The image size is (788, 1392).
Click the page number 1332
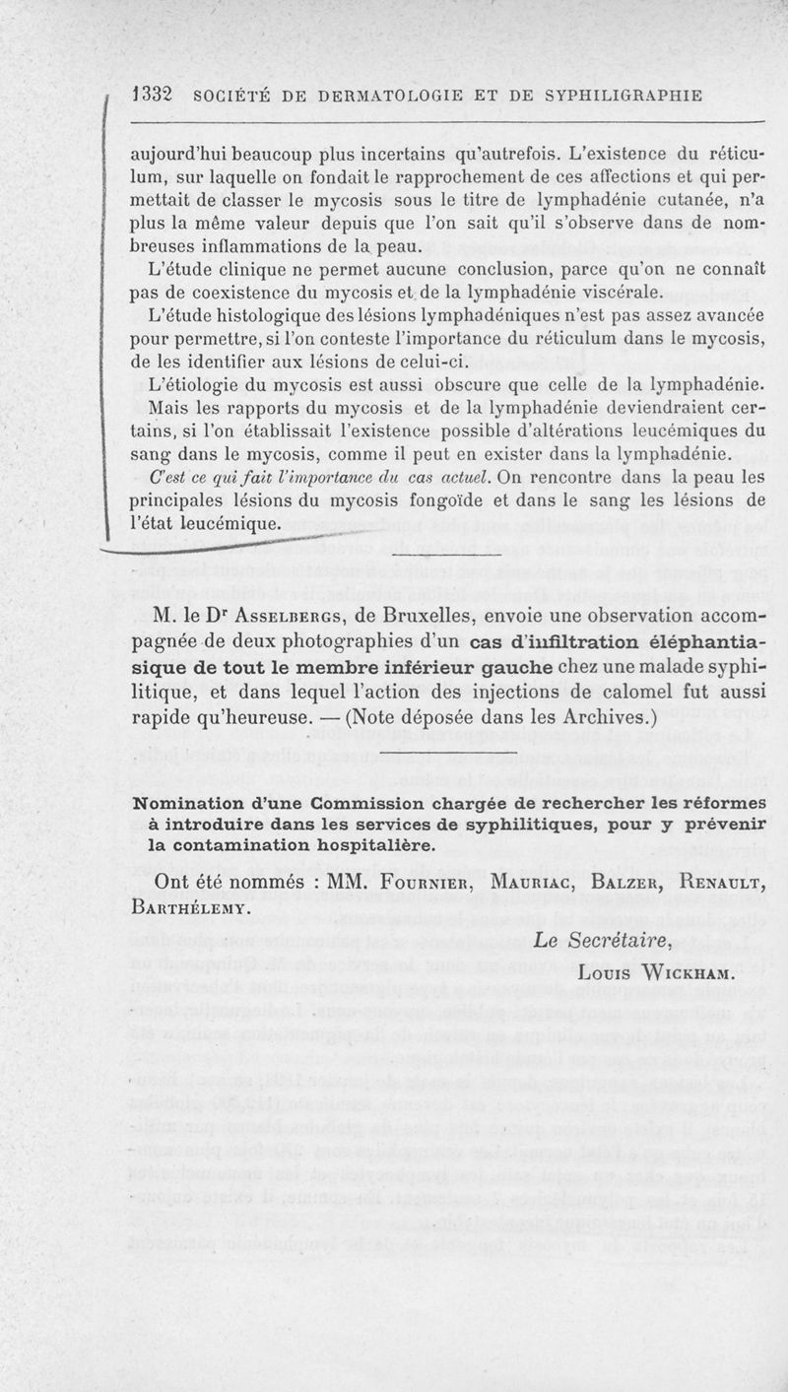tap(153, 96)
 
